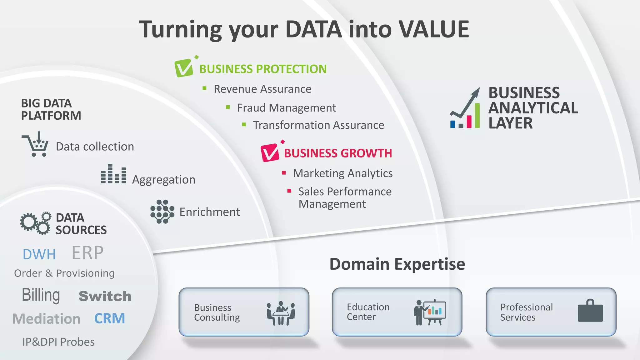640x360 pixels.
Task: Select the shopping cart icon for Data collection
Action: tap(36, 145)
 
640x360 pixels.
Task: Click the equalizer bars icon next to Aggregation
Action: tap(114, 174)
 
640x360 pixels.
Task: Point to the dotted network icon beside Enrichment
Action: tap(162, 212)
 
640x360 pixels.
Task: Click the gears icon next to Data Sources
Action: tap(35, 223)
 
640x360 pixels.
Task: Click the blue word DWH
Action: tap(39, 254)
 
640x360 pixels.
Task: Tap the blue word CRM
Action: tap(110, 318)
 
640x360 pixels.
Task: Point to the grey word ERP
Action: tap(87, 253)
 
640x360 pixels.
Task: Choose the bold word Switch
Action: tap(105, 296)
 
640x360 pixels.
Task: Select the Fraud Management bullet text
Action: tap(286, 108)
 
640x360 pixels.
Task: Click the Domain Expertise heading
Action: tap(397, 264)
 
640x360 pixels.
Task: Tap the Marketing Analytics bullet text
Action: tap(342, 173)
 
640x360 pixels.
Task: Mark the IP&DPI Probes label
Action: tap(58, 342)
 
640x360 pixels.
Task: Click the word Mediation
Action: tap(46, 319)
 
